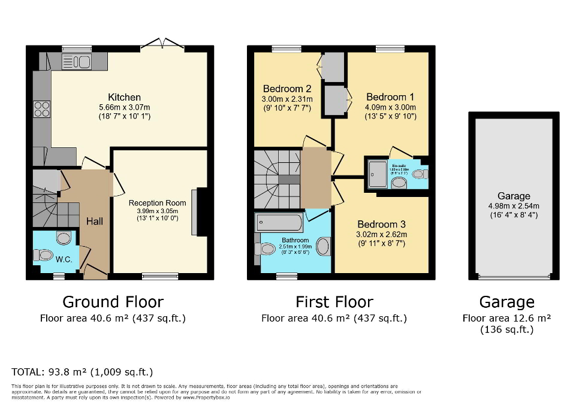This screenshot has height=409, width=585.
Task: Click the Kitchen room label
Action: tap(124, 97)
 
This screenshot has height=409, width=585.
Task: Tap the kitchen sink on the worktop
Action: tap(76, 61)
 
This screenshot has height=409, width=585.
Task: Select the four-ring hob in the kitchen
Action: tap(42, 109)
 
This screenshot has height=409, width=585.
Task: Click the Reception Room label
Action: tap(157, 203)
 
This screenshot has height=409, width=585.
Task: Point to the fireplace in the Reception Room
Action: tap(198, 212)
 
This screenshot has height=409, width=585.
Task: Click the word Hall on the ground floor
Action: tap(94, 221)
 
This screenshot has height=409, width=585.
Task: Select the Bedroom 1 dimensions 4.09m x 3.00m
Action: tap(390, 107)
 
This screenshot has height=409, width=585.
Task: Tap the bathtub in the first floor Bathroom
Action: tap(279, 224)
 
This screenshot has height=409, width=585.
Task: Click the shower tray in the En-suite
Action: tap(378, 173)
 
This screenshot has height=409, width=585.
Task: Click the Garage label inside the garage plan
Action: tap(514, 196)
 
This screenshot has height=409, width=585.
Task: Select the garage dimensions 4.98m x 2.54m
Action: tap(514, 206)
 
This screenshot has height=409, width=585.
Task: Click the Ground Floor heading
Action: tap(113, 301)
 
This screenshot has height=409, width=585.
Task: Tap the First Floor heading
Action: tap(334, 301)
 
